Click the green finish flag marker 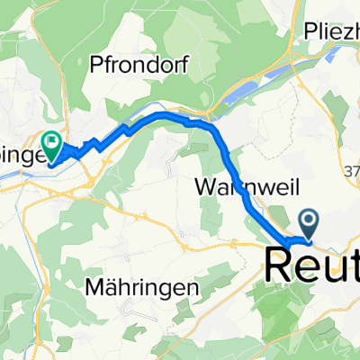point(51,141)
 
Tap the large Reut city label point(311,264)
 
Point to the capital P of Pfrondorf point(95,64)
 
